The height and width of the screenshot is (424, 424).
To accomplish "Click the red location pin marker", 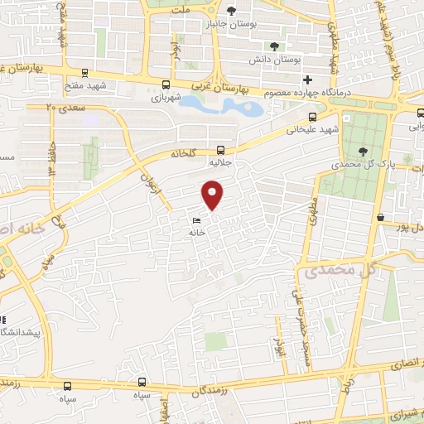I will pyautogui.click(x=214, y=195).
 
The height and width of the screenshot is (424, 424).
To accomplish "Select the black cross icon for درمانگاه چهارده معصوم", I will pyautogui.click(x=307, y=80).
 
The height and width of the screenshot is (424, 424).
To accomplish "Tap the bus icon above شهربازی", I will pyautogui.click(x=166, y=84).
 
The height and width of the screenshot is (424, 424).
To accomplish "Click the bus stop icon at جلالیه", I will pyautogui.click(x=220, y=150).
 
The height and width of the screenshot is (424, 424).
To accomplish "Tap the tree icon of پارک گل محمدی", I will pyautogui.click(x=364, y=150).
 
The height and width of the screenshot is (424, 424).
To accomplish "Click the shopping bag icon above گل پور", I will pyautogui.click(x=380, y=217).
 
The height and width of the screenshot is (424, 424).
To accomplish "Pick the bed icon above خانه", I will pyautogui.click(x=197, y=221).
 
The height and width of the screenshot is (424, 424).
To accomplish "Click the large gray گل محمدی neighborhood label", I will pyautogui.click(x=339, y=270).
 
